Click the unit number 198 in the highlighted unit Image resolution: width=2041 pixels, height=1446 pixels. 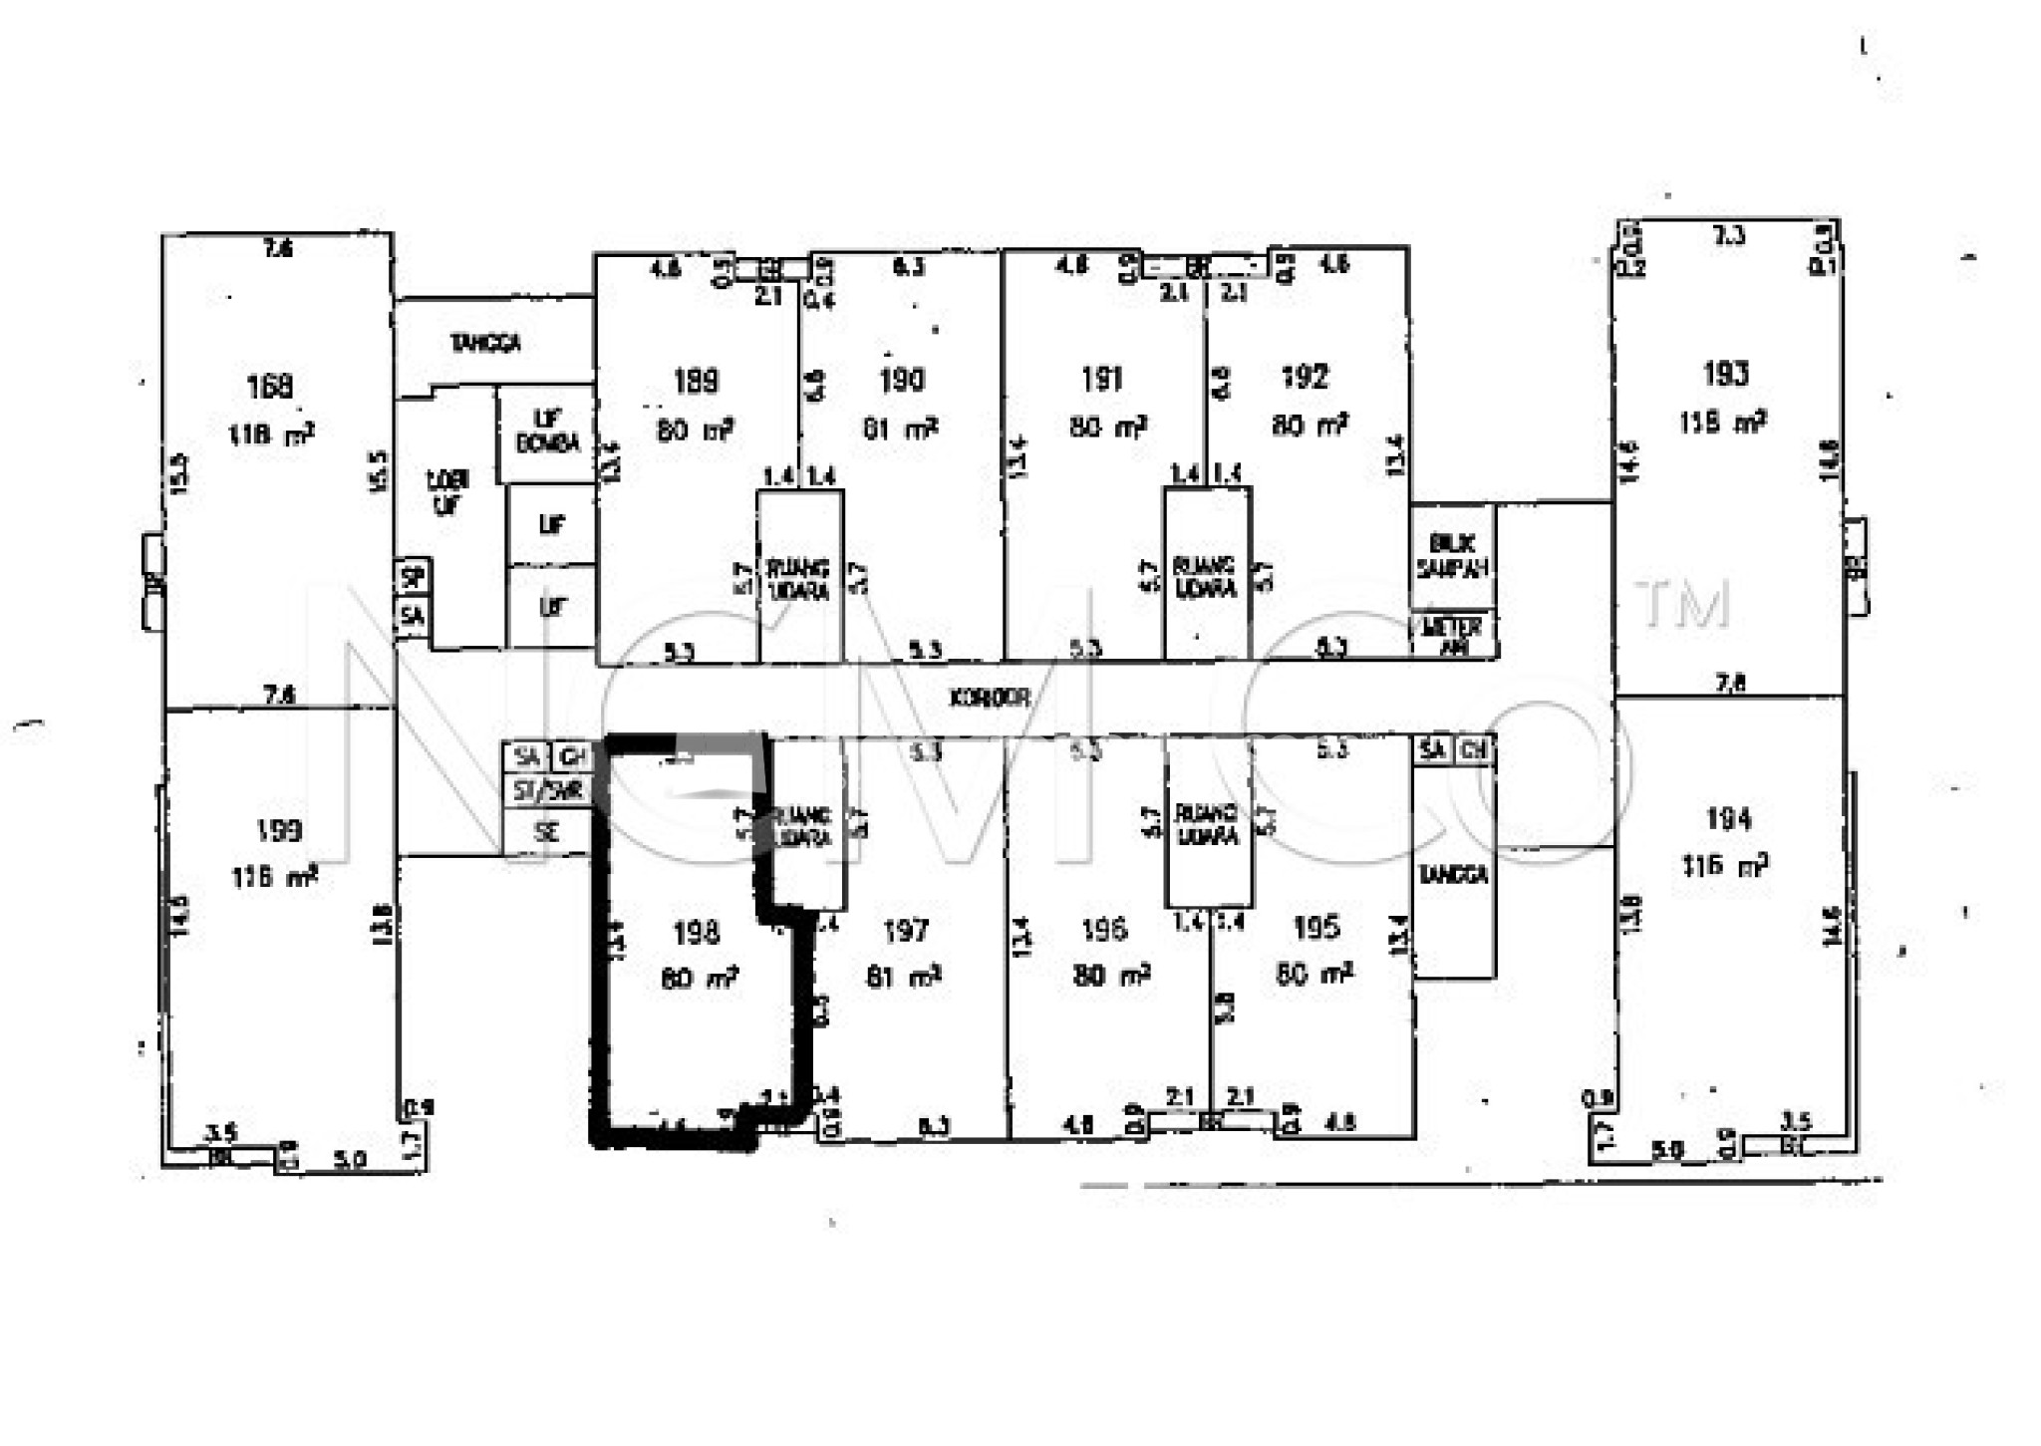[x=696, y=933]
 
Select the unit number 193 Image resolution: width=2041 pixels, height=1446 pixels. [x=1725, y=374]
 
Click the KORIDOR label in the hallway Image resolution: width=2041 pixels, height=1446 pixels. [x=989, y=699]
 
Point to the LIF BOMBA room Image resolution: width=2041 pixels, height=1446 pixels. [x=547, y=432]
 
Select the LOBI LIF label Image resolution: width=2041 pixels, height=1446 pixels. [x=447, y=492]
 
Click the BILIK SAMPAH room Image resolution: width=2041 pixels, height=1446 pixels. [x=1452, y=556]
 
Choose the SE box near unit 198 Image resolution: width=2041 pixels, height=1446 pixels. [x=546, y=832]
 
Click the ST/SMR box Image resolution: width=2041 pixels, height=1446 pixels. [x=547, y=791]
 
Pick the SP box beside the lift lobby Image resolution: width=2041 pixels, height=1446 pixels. [x=413, y=577]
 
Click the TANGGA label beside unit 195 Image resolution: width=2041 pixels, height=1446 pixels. [x=1453, y=875]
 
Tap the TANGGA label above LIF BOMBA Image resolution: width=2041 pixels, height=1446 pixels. [x=485, y=344]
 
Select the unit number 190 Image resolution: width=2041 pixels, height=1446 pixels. [x=902, y=380]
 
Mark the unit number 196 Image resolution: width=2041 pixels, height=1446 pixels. [x=1104, y=931]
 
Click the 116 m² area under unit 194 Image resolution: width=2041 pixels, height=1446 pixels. [x=1725, y=865]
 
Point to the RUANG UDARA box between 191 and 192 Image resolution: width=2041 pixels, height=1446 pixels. [x=1206, y=576]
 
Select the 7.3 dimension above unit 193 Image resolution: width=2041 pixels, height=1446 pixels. [x=1728, y=236]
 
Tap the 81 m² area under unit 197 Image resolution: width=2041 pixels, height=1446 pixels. [x=903, y=977]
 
